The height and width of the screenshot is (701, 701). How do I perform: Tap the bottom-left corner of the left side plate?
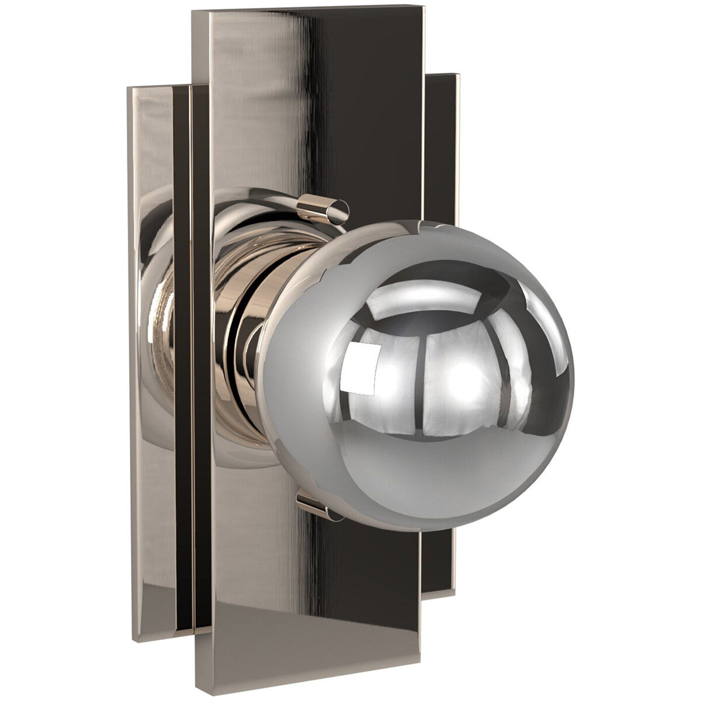133,639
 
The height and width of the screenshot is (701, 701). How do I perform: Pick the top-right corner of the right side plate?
459,75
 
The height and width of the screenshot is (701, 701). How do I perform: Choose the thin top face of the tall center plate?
310,10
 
